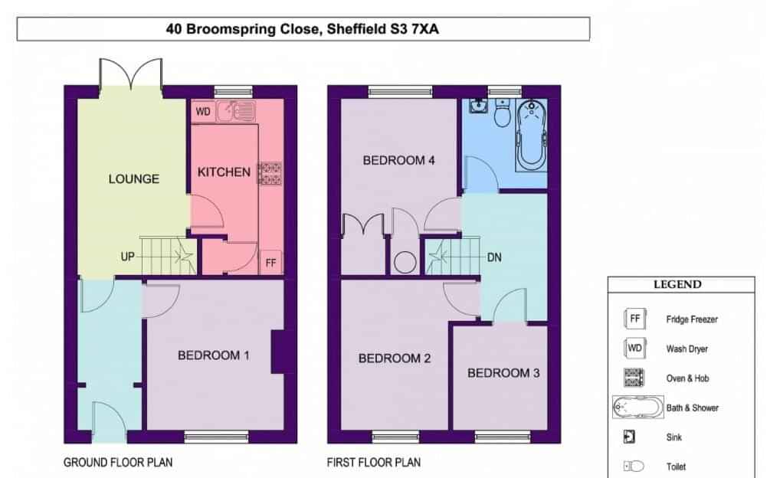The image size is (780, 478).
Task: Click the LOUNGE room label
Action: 134,178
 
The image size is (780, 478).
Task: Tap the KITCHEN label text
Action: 224,172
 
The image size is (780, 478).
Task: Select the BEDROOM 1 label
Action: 214,355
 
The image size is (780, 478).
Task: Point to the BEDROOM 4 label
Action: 399,160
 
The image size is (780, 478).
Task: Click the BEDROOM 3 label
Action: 503,373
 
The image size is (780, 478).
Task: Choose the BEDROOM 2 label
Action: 395,358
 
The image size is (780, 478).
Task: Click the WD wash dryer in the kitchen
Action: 203,111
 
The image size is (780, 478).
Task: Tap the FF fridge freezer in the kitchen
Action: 270,262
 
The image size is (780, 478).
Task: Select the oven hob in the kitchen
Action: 270,173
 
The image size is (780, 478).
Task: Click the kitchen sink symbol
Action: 236,111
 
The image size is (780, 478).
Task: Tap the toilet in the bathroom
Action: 503,113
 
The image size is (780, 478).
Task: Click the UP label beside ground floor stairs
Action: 127,257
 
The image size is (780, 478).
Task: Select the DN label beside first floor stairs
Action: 494,257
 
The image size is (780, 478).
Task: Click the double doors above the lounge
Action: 131,74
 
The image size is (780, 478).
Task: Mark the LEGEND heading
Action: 677,284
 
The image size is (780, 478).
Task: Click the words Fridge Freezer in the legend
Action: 691,319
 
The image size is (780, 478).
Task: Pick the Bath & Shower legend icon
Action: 637,408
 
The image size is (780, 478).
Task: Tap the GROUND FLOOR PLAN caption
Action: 118,463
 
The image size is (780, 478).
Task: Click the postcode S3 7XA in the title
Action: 414,29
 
